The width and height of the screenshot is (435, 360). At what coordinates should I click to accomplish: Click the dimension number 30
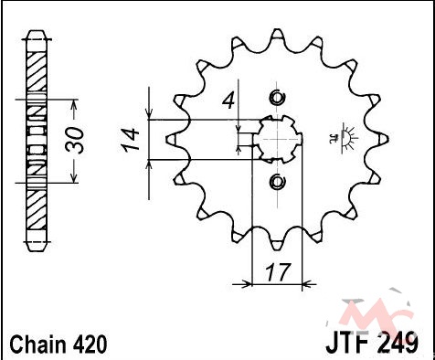coord(75,141)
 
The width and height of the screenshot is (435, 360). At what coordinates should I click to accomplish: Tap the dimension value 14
coord(130,140)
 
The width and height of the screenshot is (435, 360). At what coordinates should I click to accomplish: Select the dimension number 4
coord(228,101)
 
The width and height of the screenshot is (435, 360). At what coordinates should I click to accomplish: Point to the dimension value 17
coord(277,272)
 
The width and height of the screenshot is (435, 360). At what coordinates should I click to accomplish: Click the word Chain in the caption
coord(37,344)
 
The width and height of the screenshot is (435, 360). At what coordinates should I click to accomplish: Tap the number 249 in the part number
coord(399,344)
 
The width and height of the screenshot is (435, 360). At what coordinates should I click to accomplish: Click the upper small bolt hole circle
coord(277,98)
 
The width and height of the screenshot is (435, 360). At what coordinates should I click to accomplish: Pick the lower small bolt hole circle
coord(277,182)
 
